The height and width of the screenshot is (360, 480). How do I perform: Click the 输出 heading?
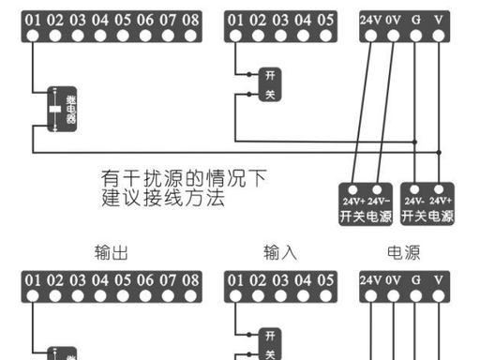(x=112, y=252)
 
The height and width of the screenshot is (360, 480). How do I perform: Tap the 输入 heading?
(x=280, y=252)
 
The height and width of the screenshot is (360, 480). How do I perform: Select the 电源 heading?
(x=404, y=252)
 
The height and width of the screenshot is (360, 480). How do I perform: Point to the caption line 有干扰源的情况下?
(x=184, y=178)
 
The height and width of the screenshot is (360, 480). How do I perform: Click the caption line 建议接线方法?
(x=163, y=198)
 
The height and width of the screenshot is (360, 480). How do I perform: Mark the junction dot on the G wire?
(x=414, y=142)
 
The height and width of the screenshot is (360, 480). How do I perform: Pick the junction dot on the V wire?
(x=439, y=153)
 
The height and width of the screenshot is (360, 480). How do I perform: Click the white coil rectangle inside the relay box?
(x=55, y=109)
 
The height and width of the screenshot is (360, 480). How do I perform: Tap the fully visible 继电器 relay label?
(x=71, y=110)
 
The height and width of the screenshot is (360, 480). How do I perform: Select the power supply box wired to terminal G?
(x=427, y=204)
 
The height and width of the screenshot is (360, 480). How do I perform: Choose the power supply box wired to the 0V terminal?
(x=366, y=204)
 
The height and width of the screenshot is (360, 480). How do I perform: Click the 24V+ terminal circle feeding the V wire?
(x=439, y=189)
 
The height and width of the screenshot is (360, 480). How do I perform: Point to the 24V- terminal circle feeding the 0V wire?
(x=377, y=189)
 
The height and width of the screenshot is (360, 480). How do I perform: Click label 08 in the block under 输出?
(x=190, y=280)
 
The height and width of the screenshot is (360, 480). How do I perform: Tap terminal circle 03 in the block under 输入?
(x=280, y=296)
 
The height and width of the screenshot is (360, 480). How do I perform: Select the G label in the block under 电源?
(x=416, y=280)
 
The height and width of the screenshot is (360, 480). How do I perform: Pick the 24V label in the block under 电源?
(x=370, y=280)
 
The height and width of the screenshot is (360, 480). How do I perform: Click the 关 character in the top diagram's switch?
(x=270, y=94)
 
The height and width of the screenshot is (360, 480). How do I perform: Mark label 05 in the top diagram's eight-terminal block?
(x=123, y=20)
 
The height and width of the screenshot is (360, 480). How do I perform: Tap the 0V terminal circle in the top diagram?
(x=393, y=36)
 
